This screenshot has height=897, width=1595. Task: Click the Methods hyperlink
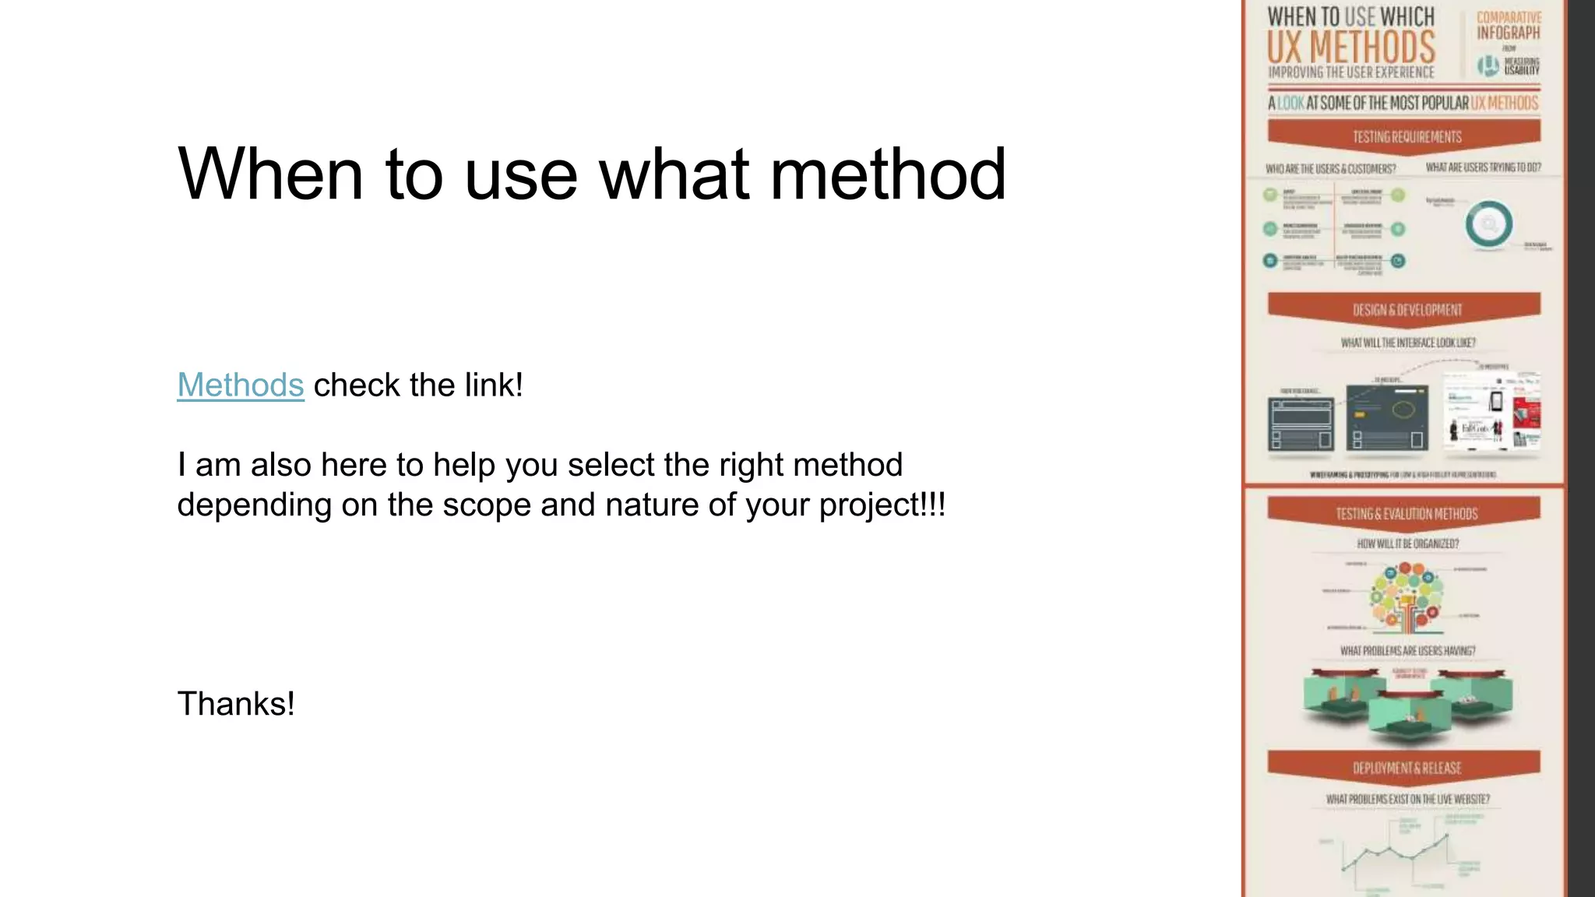coord(240,385)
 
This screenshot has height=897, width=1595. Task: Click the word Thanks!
coord(236,704)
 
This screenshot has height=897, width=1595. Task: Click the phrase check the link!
coord(418,385)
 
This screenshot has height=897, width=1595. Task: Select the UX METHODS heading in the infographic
coord(1350,47)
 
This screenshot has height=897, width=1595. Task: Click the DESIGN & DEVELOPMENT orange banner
coord(1406,310)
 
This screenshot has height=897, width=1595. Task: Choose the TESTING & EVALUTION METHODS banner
coord(1406,514)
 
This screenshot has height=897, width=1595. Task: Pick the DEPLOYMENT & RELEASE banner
coord(1406,768)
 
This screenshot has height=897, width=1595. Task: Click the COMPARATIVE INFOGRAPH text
coord(1509,25)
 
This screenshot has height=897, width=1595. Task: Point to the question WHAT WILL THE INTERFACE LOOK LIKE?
coord(1407,343)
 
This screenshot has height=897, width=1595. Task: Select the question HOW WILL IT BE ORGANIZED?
coord(1407,543)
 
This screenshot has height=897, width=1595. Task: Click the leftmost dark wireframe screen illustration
coord(1301,424)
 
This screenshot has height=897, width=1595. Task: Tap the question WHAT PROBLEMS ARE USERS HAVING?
coord(1407,651)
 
